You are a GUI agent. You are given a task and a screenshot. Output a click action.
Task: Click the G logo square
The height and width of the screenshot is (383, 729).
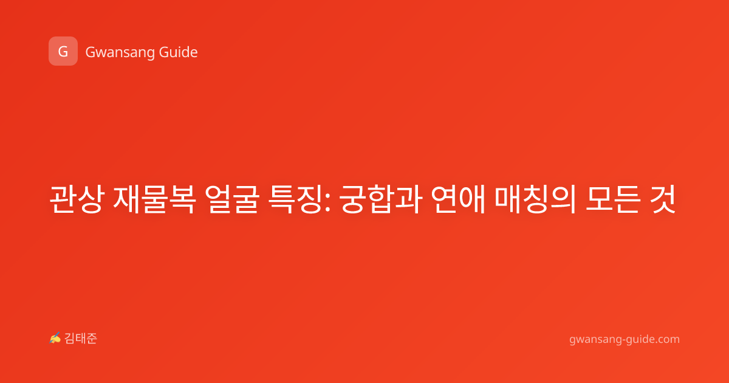pyautogui.click(x=63, y=51)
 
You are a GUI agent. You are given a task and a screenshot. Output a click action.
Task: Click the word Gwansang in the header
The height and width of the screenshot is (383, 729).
pyautogui.click(x=119, y=52)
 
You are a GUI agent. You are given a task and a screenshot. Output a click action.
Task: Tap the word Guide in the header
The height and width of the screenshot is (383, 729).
pyautogui.click(x=178, y=52)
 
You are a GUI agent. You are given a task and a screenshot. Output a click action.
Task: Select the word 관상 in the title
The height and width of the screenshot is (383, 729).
pyautogui.click(x=77, y=199)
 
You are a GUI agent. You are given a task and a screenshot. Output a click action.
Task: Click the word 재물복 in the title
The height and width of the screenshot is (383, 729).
pyautogui.click(x=154, y=199)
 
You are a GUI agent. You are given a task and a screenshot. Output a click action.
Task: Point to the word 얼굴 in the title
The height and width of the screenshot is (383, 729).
pyautogui.click(x=232, y=199)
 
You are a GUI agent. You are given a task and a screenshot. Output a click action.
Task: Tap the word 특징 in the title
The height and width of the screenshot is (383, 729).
pyautogui.click(x=295, y=199)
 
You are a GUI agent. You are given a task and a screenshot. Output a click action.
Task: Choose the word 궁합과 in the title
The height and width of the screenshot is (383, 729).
pyautogui.click(x=381, y=199)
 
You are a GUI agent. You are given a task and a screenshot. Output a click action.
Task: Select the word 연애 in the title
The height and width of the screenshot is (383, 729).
pyautogui.click(x=458, y=199)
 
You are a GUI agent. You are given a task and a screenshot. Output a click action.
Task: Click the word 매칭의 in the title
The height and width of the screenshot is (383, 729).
pyautogui.click(x=535, y=199)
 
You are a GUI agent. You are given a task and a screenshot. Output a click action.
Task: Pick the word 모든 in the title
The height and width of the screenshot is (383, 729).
pyautogui.click(x=612, y=199)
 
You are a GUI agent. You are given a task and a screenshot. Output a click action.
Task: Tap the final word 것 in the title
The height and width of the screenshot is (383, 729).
pyautogui.click(x=662, y=199)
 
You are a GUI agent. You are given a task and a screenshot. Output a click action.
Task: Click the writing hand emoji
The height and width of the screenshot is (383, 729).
pyautogui.click(x=55, y=338)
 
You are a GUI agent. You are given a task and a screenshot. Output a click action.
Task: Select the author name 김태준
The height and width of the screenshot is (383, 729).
pyautogui.click(x=80, y=339)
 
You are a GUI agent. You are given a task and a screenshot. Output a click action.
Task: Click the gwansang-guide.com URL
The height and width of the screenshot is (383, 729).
pyautogui.click(x=625, y=339)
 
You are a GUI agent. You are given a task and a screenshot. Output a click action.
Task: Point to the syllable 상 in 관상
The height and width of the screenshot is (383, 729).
pyautogui.click(x=91, y=199)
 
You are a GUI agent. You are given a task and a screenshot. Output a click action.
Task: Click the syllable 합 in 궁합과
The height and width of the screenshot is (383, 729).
pyautogui.click(x=381, y=199)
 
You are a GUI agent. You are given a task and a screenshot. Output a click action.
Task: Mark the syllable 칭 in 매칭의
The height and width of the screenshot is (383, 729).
pyautogui.click(x=536, y=199)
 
